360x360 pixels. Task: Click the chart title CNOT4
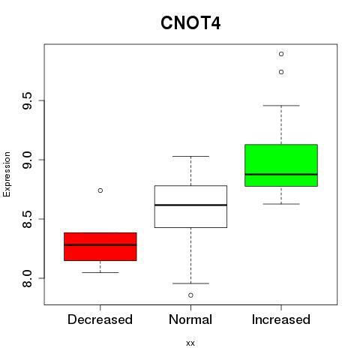(x=190, y=23)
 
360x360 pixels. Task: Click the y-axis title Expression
(x=7, y=175)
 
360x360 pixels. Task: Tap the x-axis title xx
(x=190, y=343)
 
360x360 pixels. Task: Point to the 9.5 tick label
(x=27, y=100)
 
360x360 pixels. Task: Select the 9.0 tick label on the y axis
(x=27, y=160)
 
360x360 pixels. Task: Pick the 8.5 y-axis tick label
(x=27, y=219)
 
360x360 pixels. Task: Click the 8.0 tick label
(x=27, y=278)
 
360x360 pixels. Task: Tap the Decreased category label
(x=100, y=319)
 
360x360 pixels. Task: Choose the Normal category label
(x=190, y=319)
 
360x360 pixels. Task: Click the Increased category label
(x=281, y=319)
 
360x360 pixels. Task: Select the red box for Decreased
(x=100, y=247)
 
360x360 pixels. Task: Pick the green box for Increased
(x=281, y=165)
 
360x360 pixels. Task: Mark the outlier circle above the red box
(x=100, y=190)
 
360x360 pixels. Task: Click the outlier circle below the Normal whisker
(x=190, y=295)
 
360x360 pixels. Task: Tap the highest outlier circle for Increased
(x=281, y=54)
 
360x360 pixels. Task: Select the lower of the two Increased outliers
(x=281, y=72)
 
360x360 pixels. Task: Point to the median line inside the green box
(x=281, y=174)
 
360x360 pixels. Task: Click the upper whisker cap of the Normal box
(x=190, y=156)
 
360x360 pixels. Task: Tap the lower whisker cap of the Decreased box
(x=100, y=272)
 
